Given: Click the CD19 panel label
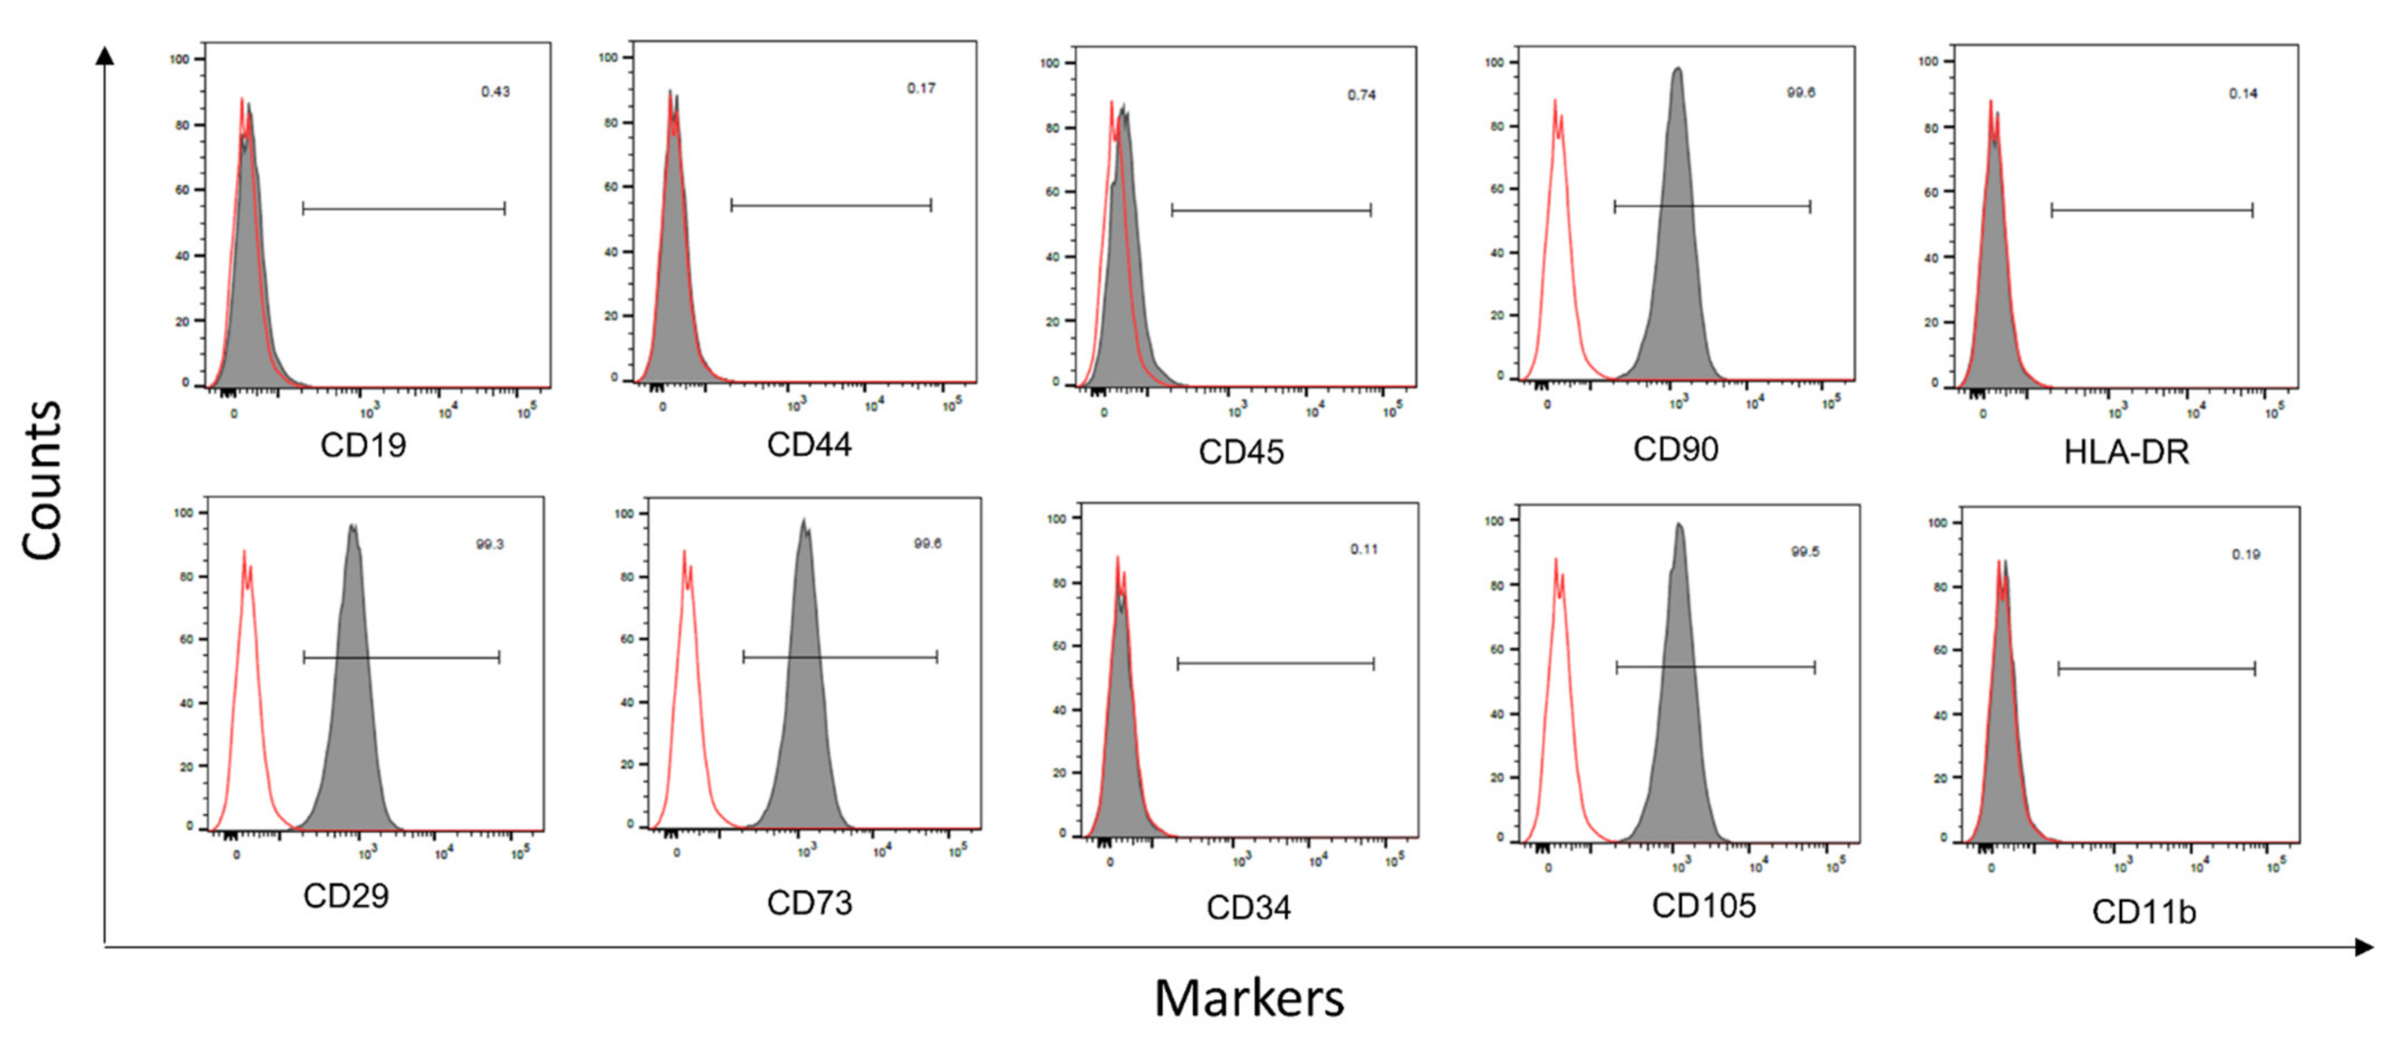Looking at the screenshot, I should [x=364, y=446].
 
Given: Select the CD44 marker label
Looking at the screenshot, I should [x=809, y=445].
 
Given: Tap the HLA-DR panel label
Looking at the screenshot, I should [x=2126, y=452].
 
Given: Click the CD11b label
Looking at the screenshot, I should [x=2144, y=911].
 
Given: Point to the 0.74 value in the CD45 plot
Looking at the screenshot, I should [x=1361, y=95].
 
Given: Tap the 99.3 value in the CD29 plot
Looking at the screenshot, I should [x=490, y=544].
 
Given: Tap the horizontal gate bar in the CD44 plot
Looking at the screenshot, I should [x=831, y=205].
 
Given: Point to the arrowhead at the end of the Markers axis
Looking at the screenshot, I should [x=2363, y=948].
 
